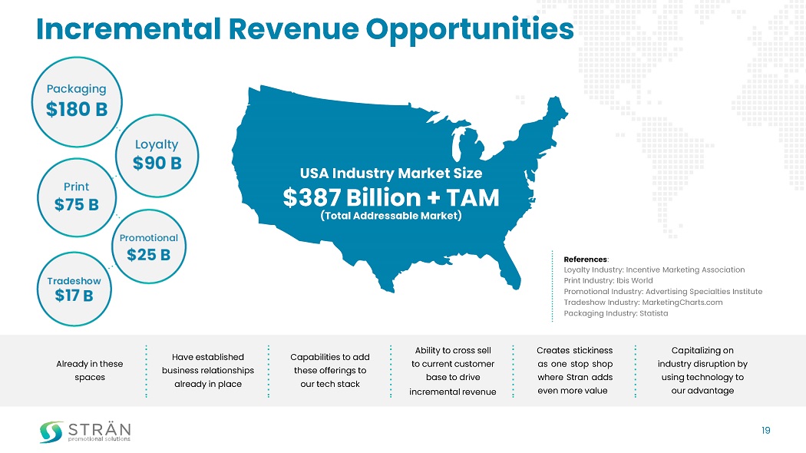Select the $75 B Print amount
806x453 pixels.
76,205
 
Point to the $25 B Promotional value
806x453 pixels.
148,255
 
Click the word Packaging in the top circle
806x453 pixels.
74,88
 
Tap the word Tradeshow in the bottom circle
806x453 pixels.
74,280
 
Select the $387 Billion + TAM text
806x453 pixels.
391,198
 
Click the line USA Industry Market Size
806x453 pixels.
391,174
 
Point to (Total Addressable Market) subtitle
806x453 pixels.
391,216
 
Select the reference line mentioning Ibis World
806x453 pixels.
608,280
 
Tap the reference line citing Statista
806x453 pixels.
616,313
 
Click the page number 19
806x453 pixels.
765,431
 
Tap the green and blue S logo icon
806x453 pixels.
51,432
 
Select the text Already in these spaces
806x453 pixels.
90,370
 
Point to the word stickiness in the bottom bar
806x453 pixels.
592,350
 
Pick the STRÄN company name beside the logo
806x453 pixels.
99,428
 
